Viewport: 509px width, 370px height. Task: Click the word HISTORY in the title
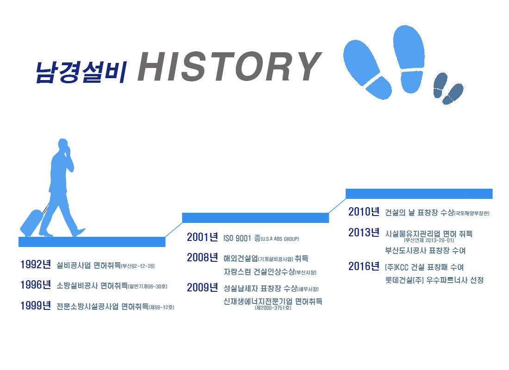point(230,66)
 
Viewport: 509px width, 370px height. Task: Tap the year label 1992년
point(36,265)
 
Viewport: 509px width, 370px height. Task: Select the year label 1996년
point(36,285)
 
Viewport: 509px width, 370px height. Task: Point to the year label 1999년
point(36,305)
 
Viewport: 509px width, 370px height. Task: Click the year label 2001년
point(202,237)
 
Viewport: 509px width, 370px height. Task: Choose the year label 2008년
point(202,258)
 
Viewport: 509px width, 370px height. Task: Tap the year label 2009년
point(202,287)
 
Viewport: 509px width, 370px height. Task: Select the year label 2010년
point(364,212)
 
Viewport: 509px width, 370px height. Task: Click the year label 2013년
point(364,232)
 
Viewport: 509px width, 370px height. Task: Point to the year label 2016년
point(364,266)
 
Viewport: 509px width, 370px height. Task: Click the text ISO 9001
point(237,238)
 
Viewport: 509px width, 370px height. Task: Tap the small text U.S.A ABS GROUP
point(280,239)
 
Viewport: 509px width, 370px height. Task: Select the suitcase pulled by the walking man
point(32,222)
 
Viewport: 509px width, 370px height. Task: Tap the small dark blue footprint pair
point(448,88)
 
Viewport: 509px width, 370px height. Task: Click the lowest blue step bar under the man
point(92,242)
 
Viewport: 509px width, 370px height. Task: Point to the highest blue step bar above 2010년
point(419,194)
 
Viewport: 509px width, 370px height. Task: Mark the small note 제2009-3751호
point(273,308)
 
